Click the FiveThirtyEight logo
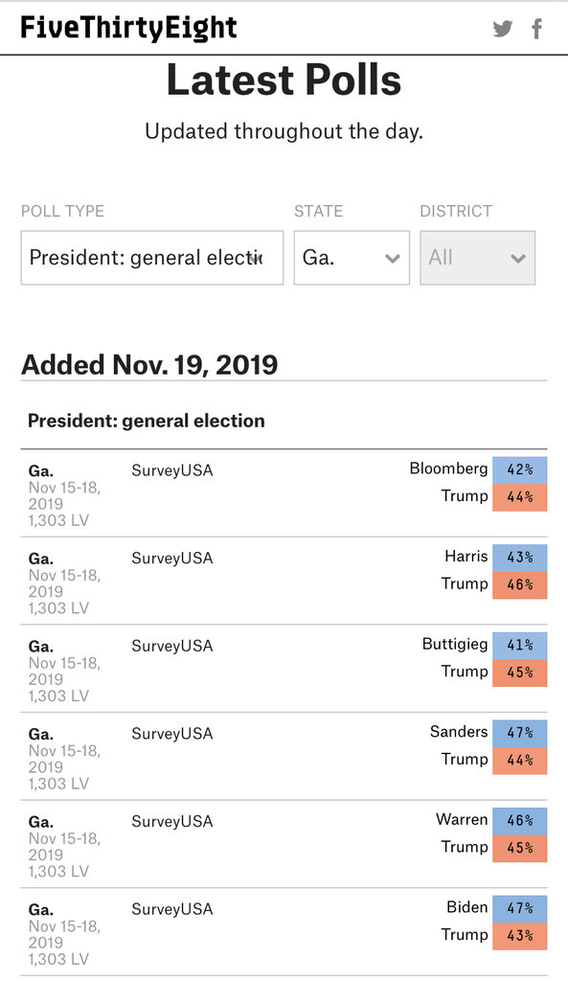point(129,28)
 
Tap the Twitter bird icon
point(502,28)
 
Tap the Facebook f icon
point(536,28)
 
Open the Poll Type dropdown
point(152,258)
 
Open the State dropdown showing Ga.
point(352,258)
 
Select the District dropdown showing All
point(477,258)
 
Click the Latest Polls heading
point(284,80)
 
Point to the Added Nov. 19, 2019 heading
point(149,365)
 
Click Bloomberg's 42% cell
point(520,469)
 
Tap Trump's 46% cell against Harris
point(520,585)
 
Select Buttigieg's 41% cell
point(520,645)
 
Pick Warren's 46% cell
point(520,820)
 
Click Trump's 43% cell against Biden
point(520,935)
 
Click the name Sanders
point(459,731)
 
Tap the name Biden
point(466,906)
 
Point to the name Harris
point(466,557)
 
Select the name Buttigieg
point(455,645)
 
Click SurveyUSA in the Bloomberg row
point(172,470)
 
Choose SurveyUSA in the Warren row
point(172,821)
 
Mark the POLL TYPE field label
point(62,212)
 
